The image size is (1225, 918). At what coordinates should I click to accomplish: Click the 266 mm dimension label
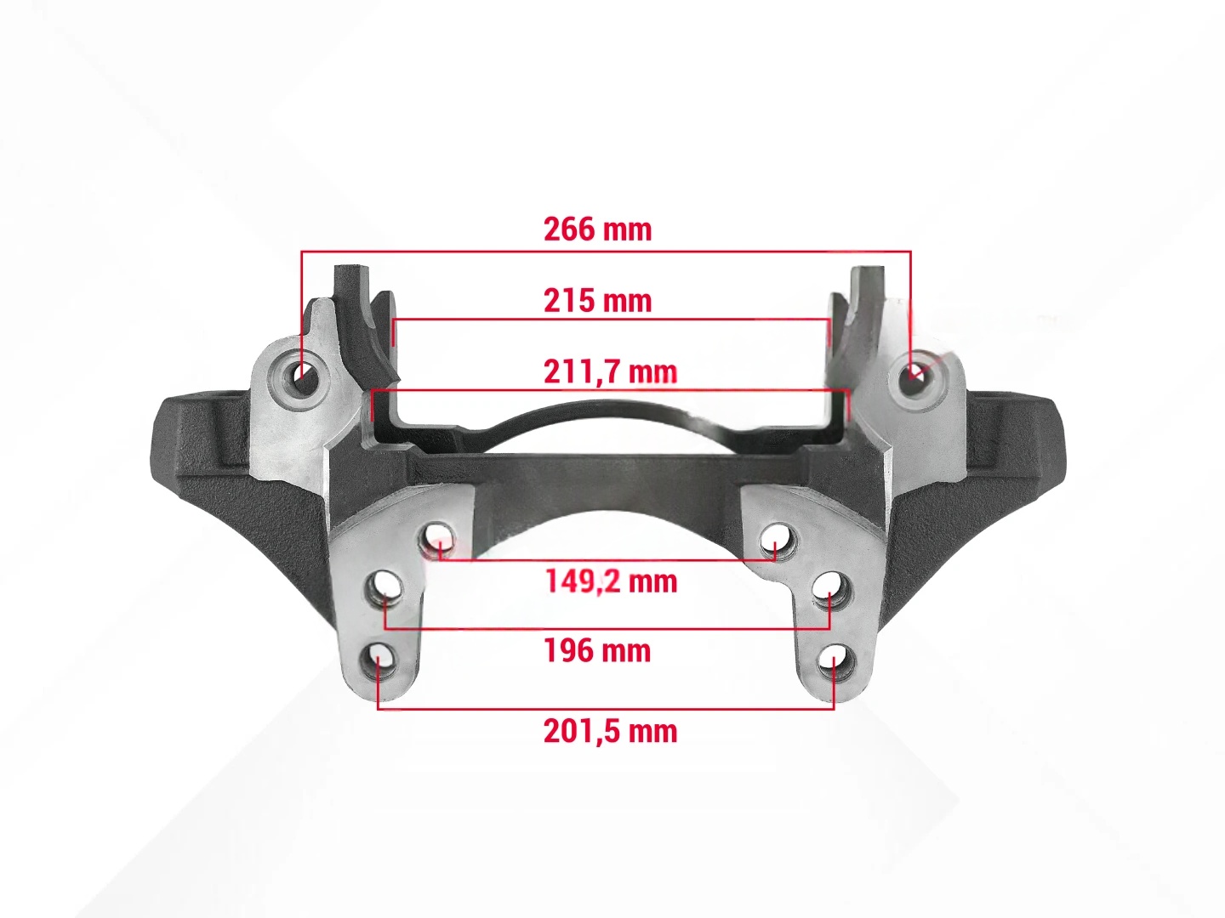pyautogui.click(x=598, y=229)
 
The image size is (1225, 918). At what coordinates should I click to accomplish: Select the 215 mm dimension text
pyautogui.click(x=598, y=301)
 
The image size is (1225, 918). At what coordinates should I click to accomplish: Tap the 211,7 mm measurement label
pyautogui.click(x=611, y=371)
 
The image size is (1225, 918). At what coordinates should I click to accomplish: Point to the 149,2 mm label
pyautogui.click(x=611, y=581)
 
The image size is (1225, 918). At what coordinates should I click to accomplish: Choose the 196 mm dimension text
pyautogui.click(x=598, y=650)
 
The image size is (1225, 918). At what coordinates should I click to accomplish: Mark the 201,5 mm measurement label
pyautogui.click(x=611, y=731)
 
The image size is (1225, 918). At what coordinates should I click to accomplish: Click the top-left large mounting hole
pyautogui.click(x=301, y=379)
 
